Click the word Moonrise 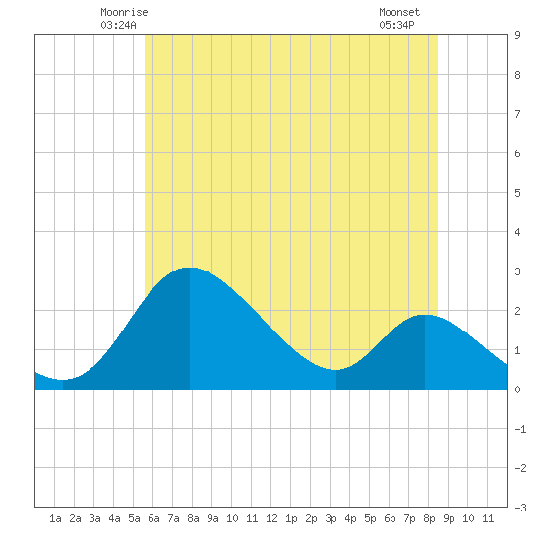[x=124, y=12]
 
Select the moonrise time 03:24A [x=118, y=25]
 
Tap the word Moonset [x=399, y=12]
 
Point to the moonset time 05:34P [x=396, y=25]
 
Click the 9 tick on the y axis [x=517, y=35]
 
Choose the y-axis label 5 [x=517, y=193]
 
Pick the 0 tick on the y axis [x=517, y=390]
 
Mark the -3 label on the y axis [x=520, y=508]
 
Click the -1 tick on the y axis [x=520, y=429]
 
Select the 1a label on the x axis [x=55, y=518]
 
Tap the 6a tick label [x=153, y=518]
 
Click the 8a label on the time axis [x=193, y=518]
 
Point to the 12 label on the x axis [x=271, y=518]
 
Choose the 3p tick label [x=331, y=518]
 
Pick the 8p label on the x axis [x=429, y=518]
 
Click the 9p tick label [x=449, y=518]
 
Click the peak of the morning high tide [x=190, y=268]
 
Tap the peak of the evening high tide [x=425, y=315]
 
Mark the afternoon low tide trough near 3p [x=335, y=370]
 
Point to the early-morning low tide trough [x=62, y=380]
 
